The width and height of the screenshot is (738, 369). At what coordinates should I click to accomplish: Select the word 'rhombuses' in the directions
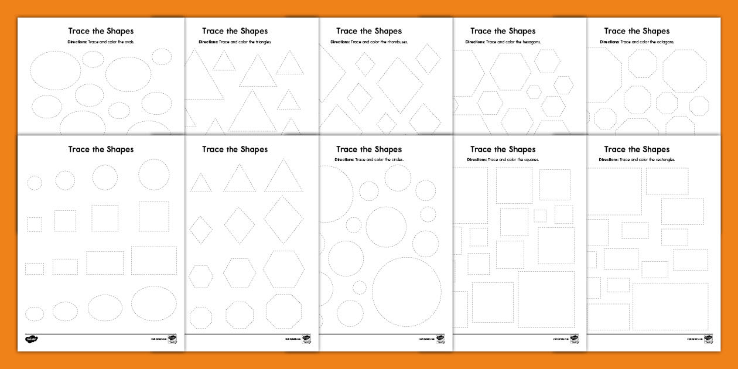tap(397, 42)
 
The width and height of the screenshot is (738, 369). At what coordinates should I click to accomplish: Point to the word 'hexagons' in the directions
tap(531, 42)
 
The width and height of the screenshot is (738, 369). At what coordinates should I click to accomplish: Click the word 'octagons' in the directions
tap(665, 42)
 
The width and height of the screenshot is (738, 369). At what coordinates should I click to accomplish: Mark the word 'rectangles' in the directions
tap(665, 159)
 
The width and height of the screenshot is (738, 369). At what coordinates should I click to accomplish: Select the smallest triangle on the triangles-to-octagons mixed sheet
tap(201, 183)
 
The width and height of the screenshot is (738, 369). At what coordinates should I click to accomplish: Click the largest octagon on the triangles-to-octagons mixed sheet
tap(283, 311)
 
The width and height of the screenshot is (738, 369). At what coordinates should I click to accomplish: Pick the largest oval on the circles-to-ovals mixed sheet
tap(154, 303)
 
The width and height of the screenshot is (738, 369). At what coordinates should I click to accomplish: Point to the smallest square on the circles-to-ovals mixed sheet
tap(35, 224)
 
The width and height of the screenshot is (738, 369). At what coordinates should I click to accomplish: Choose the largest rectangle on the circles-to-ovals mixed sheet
tap(154, 261)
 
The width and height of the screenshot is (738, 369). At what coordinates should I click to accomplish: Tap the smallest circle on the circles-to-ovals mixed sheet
tap(35, 183)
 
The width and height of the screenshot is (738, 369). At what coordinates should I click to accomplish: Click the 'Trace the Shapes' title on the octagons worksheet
tap(637, 31)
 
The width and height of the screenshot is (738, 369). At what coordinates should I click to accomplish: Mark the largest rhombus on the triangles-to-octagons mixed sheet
tap(283, 220)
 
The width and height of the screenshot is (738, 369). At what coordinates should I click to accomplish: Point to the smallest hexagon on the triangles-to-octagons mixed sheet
tap(201, 276)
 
